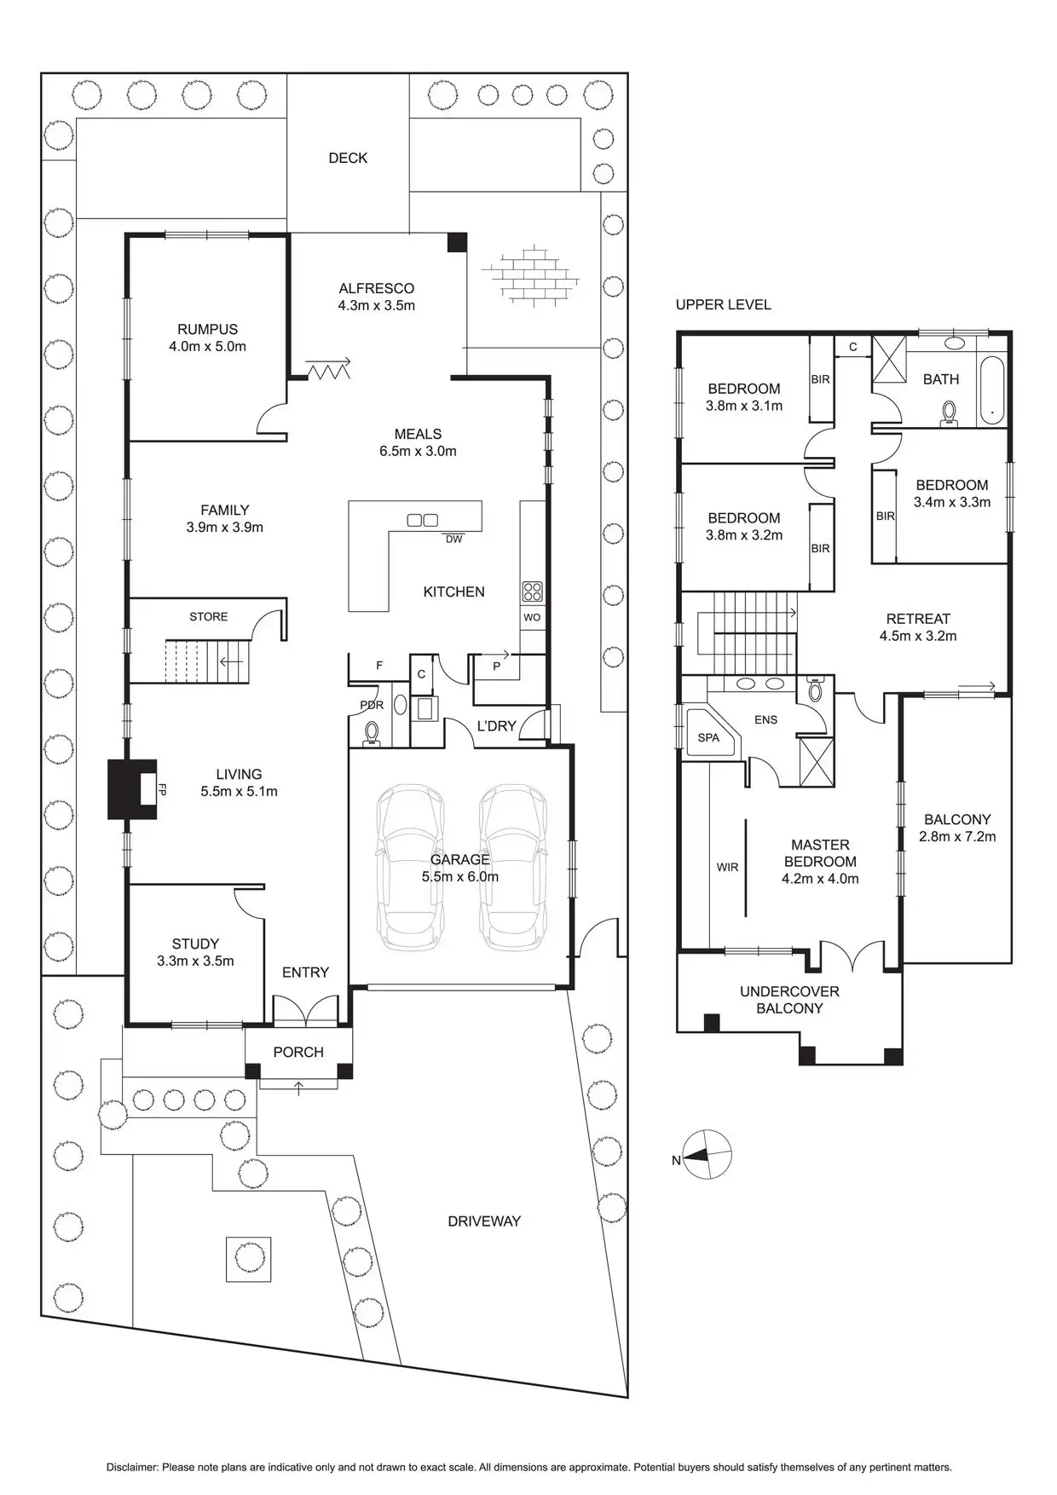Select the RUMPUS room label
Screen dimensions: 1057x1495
click(207, 329)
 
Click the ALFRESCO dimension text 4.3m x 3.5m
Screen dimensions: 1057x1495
click(376, 305)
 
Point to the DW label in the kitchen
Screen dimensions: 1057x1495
click(453, 540)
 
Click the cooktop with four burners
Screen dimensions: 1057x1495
click(532, 591)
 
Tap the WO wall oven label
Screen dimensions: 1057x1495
click(532, 617)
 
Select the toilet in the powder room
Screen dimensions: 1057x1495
click(372, 732)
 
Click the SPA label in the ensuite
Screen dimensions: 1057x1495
click(708, 737)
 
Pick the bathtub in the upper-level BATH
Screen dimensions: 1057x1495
click(992, 391)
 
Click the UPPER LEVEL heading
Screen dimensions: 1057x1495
click(723, 304)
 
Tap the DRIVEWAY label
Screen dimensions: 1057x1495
click(483, 1221)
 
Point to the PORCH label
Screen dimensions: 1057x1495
click(298, 1052)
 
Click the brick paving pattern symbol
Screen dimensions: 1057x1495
click(530, 274)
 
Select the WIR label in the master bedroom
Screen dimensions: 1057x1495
click(727, 867)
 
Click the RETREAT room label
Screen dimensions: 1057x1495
click(917, 619)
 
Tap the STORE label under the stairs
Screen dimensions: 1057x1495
click(209, 616)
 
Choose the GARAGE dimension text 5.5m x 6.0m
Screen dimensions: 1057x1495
click(460, 876)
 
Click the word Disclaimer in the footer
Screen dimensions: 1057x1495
click(132, 1467)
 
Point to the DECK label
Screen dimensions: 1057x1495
click(348, 158)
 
